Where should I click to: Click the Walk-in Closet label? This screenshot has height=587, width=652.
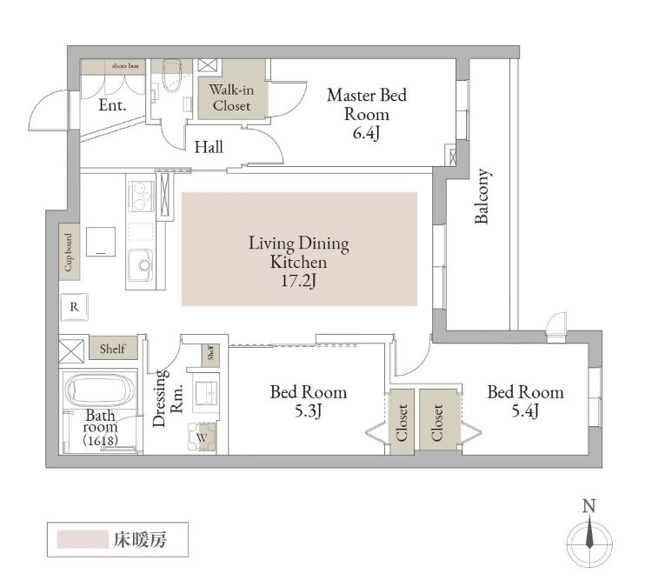[x=231, y=97]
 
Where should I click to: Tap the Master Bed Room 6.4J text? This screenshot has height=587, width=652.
[x=367, y=114]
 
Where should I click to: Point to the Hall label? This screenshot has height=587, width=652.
[x=209, y=147]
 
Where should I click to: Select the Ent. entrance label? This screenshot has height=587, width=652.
[x=112, y=105]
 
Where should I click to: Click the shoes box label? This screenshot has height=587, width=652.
[x=125, y=66]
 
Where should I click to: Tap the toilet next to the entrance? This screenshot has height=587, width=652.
[x=171, y=77]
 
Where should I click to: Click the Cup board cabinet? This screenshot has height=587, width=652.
[x=69, y=252]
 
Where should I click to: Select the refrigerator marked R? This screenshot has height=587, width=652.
[x=75, y=307]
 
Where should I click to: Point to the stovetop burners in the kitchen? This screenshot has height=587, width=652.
[x=141, y=196]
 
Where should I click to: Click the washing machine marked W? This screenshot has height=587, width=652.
[x=202, y=437]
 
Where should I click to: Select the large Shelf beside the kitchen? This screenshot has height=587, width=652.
[x=113, y=348]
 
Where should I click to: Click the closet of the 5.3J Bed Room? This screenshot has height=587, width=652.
[x=402, y=422]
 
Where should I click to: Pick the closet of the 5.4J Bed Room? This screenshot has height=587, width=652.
[x=437, y=420]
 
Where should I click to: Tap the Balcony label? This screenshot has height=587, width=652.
[x=482, y=197]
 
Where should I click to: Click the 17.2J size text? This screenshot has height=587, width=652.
[x=298, y=281]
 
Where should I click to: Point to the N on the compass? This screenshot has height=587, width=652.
[x=589, y=506]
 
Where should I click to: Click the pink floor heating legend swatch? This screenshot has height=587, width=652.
[x=83, y=539]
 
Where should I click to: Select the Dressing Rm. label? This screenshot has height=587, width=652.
[x=168, y=398]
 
